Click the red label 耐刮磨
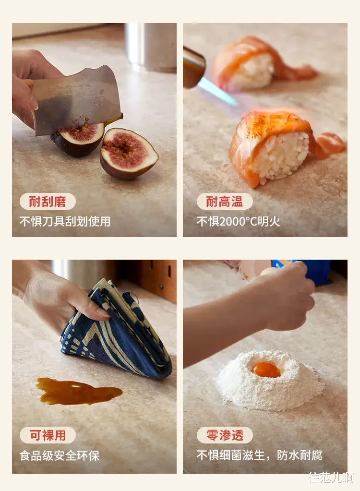(x=48, y=202)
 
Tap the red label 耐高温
(x=225, y=202)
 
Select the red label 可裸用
(x=48, y=435)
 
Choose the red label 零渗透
(x=225, y=435)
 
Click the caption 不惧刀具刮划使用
(x=65, y=222)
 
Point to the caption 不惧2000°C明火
(x=238, y=222)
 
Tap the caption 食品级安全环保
(x=60, y=455)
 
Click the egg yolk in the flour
(x=266, y=370)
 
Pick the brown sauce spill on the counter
(x=78, y=391)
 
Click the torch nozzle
(x=193, y=67)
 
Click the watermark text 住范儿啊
(x=331, y=478)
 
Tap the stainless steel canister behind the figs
(x=151, y=47)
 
